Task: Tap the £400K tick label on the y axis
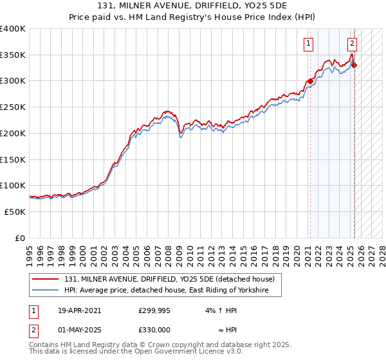click(13, 29)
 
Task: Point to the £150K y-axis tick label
click(13, 159)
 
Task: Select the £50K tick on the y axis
click(15, 212)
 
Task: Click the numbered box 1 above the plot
click(309, 44)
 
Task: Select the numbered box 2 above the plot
click(353, 44)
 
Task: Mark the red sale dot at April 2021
click(310, 81)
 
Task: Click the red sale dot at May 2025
click(354, 65)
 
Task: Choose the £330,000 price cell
click(154, 329)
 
